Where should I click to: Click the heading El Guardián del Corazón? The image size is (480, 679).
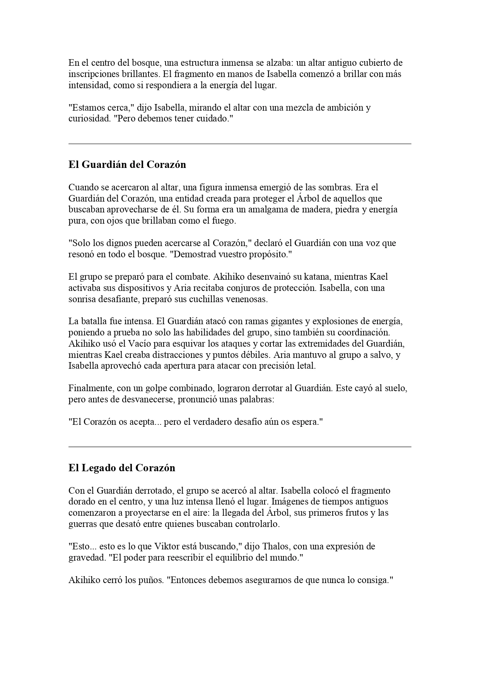pyautogui.click(x=127, y=165)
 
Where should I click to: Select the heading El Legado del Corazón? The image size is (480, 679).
pyautogui.click(x=122, y=468)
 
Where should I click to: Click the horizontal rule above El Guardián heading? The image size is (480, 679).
pyautogui.click(x=240, y=144)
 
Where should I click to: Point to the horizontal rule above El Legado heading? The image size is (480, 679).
pyautogui.click(x=240, y=447)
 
